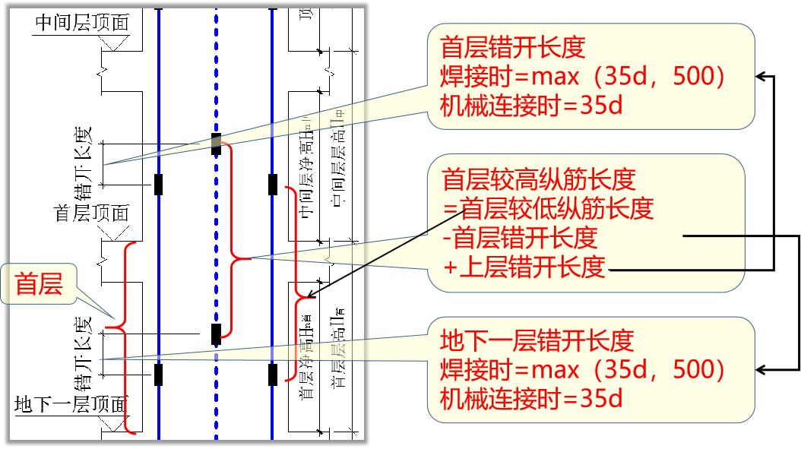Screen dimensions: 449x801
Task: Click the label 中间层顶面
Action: [x=82, y=23]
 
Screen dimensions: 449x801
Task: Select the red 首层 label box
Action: [x=40, y=284]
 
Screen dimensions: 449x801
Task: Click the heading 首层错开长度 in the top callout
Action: [x=513, y=49]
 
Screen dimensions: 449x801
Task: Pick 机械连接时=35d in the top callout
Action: [x=531, y=105]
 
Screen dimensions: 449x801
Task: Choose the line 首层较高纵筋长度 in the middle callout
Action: [x=538, y=180]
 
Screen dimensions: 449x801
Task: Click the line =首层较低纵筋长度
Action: [x=548, y=208]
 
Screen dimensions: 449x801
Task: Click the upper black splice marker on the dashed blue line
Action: [x=216, y=144]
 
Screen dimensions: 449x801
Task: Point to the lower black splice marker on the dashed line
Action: [x=216, y=333]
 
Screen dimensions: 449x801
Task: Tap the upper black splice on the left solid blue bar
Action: [x=158, y=185]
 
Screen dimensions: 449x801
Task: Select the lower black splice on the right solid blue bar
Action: [x=272, y=374]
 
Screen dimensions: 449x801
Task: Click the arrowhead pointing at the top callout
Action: [x=759, y=76]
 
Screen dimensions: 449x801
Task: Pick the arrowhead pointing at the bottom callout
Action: [x=759, y=370]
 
